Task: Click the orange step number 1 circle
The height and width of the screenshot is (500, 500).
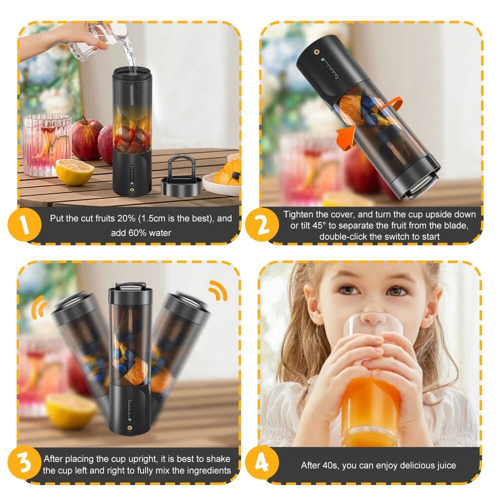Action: click(24, 224)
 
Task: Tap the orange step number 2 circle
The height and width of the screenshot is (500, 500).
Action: click(262, 224)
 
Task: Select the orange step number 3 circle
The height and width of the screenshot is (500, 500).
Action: click(24, 463)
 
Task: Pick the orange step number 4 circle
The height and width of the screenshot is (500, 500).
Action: click(262, 463)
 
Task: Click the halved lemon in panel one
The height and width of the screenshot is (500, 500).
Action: click(74, 171)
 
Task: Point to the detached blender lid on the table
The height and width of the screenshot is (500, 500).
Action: click(182, 176)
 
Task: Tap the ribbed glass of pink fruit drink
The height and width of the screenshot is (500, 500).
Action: click(47, 145)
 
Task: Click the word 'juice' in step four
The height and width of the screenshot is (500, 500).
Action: click(446, 466)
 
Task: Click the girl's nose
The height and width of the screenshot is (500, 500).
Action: click(373, 316)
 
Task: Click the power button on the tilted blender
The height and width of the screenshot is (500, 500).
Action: click(316, 51)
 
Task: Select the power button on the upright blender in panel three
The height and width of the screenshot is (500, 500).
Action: click(129, 427)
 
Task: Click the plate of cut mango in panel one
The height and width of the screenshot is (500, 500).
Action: click(223, 179)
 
